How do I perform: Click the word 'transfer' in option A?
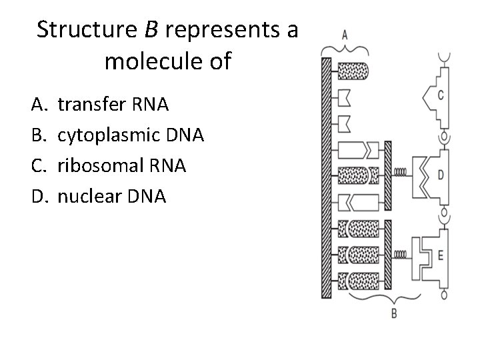[91, 105]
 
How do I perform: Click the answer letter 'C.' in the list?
[38, 166]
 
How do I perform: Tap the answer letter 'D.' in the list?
[39, 197]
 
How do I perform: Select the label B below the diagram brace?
[393, 313]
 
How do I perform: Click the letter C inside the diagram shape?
[441, 95]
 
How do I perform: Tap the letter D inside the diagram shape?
[441, 175]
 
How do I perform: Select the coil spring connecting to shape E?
[402, 254]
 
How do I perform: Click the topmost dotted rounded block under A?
[353, 69]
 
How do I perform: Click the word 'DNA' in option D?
[151, 197]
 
